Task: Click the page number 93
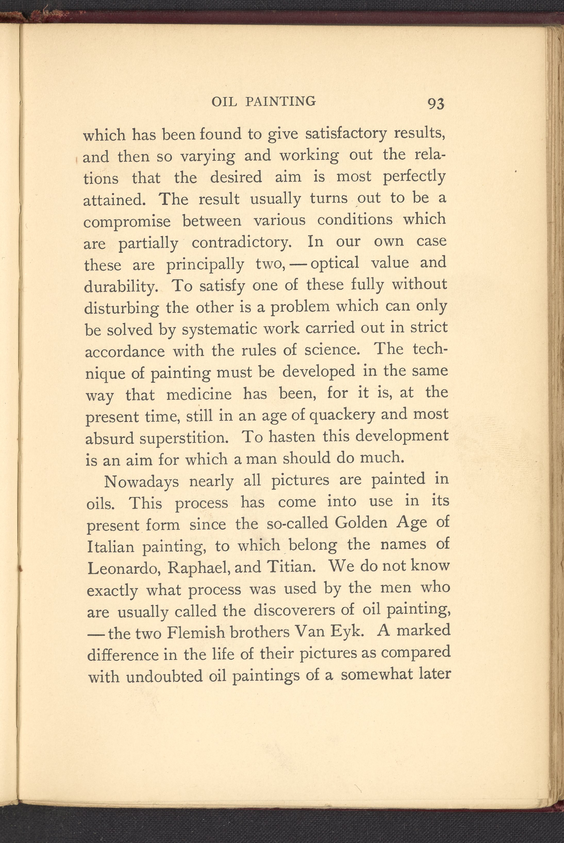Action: click(436, 104)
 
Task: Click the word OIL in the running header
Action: click(224, 102)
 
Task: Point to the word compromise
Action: click(127, 221)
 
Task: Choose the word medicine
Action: click(199, 395)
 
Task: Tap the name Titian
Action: click(291, 567)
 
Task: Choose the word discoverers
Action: click(301, 610)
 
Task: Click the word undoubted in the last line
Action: click(165, 677)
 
